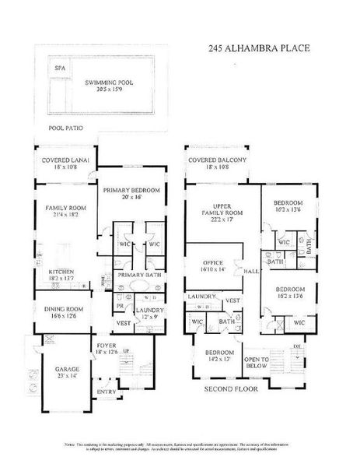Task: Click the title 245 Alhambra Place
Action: [x=259, y=48]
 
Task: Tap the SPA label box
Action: [x=59, y=68]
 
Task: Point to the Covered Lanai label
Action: [x=65, y=163]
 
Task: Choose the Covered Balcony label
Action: [x=218, y=163]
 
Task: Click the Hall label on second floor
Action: [x=250, y=272]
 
